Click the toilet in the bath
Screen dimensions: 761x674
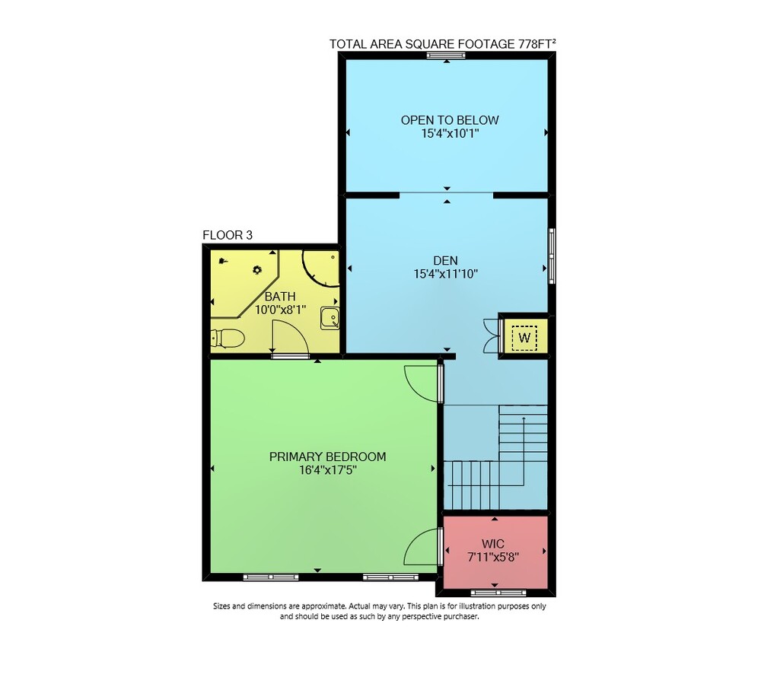227,339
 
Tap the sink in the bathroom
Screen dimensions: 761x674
330,318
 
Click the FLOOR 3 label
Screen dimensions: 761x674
228,235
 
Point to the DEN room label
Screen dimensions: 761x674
445,261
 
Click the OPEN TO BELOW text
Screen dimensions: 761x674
450,120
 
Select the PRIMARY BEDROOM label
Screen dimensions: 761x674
327,456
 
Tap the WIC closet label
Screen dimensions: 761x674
492,544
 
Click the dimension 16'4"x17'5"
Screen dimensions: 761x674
328,469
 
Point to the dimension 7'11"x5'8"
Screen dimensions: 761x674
493,557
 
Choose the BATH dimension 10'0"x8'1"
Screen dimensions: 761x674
281,310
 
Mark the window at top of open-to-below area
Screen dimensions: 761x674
446,56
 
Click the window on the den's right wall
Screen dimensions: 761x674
552,256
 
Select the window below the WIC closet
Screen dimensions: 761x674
498,593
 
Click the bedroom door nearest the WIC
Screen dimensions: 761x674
422,547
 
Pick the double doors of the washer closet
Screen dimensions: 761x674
491,335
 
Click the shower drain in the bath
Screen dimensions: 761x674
257,269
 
